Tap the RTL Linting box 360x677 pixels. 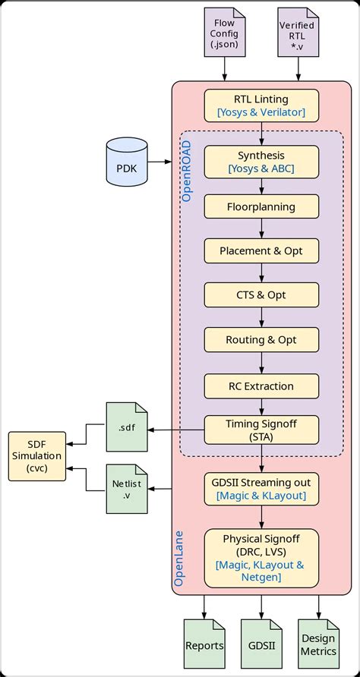[x=261, y=105]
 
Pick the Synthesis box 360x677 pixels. [x=261, y=162]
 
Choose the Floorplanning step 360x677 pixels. [x=261, y=206]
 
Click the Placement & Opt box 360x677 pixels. [x=261, y=250]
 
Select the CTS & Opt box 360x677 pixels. [x=261, y=295]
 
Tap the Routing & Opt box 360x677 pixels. [x=261, y=340]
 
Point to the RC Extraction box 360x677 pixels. [x=261, y=386]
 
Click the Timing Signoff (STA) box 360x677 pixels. [x=261, y=430]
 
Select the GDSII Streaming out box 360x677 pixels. [x=261, y=488]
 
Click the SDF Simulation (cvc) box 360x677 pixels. [x=37, y=455]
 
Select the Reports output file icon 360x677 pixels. [x=204, y=644]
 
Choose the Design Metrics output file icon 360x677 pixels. [x=318, y=644]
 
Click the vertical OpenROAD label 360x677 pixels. [x=187, y=173]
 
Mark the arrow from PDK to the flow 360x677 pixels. [x=160, y=162]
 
